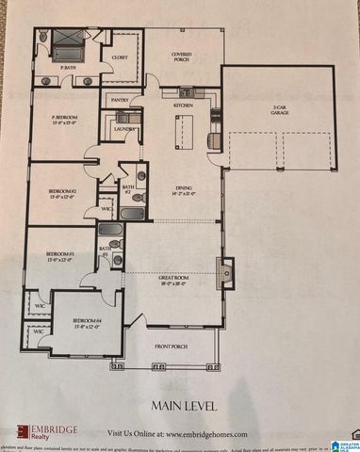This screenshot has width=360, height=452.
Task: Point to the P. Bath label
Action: tap(69, 69)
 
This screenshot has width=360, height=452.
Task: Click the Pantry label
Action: tap(120, 99)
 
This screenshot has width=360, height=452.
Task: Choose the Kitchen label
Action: tap(182, 105)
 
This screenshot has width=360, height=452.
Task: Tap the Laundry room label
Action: tap(123, 128)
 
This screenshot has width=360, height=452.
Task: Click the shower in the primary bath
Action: tap(69, 42)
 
